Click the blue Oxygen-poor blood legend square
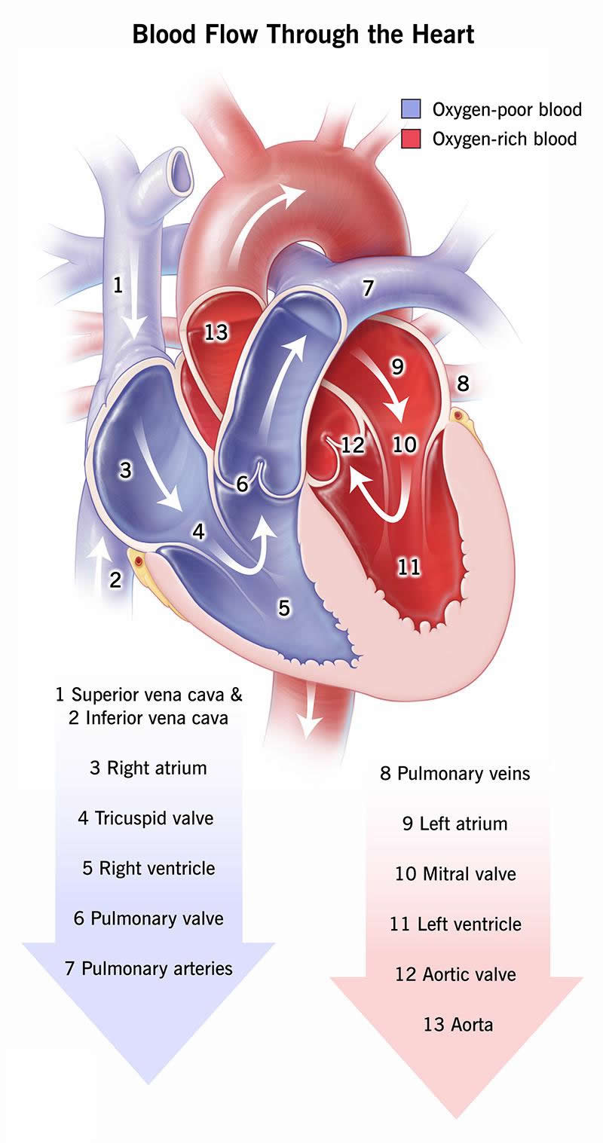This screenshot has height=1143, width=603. click(x=411, y=108)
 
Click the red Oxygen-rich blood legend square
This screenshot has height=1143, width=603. click(x=411, y=139)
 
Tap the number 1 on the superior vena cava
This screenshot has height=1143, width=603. click(x=118, y=285)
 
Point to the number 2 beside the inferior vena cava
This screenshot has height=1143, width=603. click(x=115, y=579)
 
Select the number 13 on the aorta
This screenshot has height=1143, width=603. click(x=216, y=332)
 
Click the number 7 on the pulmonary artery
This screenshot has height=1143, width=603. click(x=368, y=288)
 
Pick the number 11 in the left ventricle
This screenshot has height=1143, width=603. click(x=409, y=567)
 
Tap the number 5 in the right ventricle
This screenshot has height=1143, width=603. click(x=284, y=607)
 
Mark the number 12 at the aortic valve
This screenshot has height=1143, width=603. click(x=352, y=445)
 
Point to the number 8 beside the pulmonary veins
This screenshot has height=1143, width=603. click(x=463, y=384)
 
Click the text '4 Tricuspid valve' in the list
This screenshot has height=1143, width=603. click(x=145, y=818)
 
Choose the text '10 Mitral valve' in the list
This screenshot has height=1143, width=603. click(x=455, y=874)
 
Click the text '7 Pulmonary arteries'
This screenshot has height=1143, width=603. click(x=148, y=968)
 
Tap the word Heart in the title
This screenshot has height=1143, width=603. click(x=439, y=34)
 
